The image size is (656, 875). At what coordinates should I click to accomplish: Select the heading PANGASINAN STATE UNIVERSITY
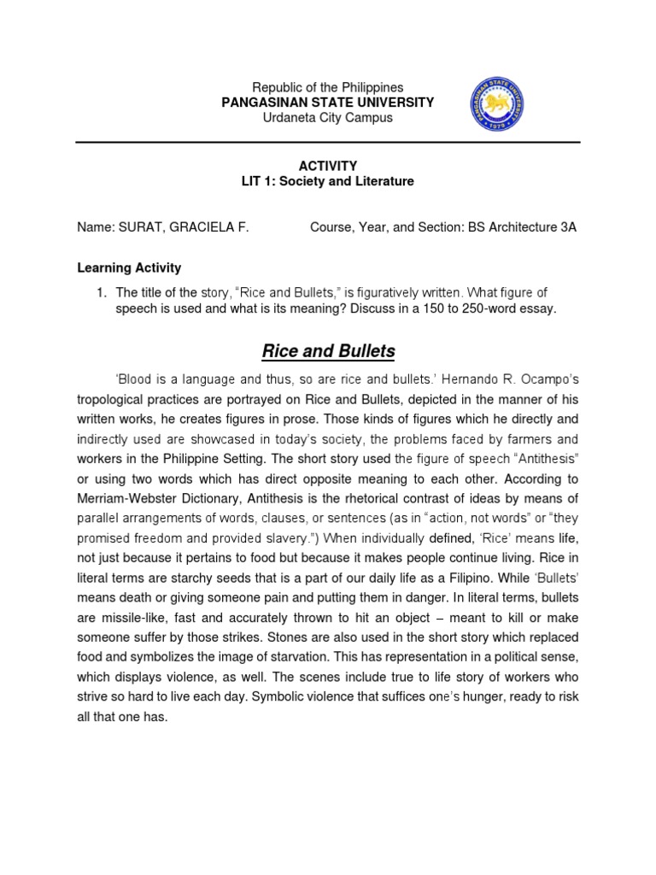tap(328, 103)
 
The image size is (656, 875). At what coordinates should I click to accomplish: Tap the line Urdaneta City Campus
tap(328, 118)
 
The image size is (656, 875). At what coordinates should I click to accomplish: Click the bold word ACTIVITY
tap(328, 166)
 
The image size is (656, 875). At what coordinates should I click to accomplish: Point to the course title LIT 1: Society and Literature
tap(328, 181)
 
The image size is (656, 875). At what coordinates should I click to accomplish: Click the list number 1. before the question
tap(102, 293)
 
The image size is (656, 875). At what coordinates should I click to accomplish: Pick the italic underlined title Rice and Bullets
tap(328, 350)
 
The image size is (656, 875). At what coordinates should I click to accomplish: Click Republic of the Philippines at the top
tap(328, 88)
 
